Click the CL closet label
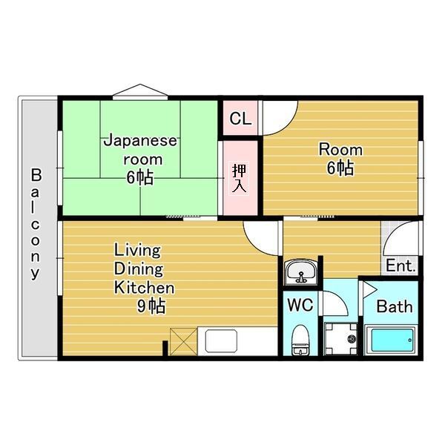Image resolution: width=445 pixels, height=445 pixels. click(x=240, y=119)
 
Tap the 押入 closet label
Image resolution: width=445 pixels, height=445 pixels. click(x=240, y=177)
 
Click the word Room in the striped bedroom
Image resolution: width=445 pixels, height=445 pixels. click(x=340, y=148)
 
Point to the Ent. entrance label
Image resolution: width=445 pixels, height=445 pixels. click(x=401, y=266)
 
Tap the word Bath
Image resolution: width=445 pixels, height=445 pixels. click(x=394, y=306)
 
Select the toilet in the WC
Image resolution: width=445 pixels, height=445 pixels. click(x=300, y=340)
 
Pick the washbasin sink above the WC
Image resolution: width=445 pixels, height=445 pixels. click(x=301, y=271)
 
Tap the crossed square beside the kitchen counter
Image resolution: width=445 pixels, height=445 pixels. click(x=181, y=340)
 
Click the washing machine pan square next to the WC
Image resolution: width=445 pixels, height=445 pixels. click(x=342, y=340)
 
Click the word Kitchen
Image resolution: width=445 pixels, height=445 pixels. click(x=144, y=288)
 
